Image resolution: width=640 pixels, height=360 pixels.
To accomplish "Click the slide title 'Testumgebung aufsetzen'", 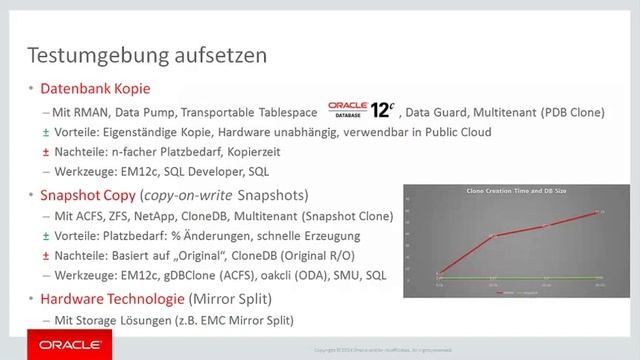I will (146, 52).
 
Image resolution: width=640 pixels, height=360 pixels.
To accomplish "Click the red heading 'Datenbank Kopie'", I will (85, 88).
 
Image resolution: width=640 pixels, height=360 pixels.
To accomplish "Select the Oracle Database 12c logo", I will (365, 107).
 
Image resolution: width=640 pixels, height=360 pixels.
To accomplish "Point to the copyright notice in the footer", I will (371, 348).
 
